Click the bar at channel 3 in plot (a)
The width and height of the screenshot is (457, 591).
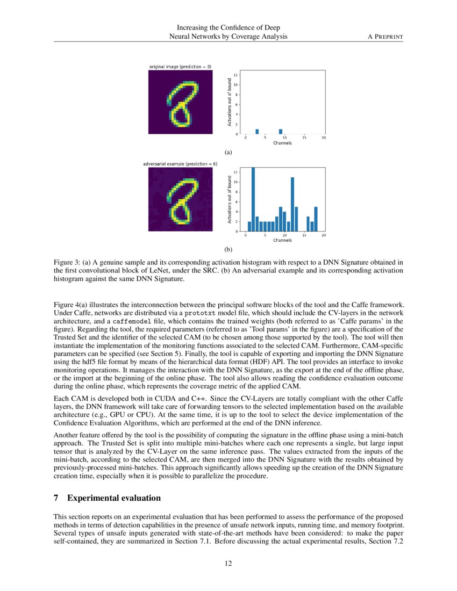tap(257, 132)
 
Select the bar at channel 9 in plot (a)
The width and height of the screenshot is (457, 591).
tap(281, 132)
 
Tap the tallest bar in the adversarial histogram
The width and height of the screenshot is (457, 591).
tap(253, 199)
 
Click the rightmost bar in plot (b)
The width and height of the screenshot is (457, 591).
tap(316, 219)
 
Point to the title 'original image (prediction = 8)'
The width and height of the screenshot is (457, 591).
tap(180, 67)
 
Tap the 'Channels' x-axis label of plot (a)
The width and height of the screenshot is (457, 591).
tap(283, 143)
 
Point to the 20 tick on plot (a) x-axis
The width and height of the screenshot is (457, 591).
tap(324, 138)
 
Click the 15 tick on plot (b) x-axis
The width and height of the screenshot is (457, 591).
tap(304, 235)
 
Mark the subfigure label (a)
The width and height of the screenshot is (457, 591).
tap(228, 153)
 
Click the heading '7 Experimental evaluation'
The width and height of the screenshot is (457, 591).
tap(107, 498)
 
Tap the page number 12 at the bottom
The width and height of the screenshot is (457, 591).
tap(228, 563)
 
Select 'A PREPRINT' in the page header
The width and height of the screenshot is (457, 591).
tap(384, 36)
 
